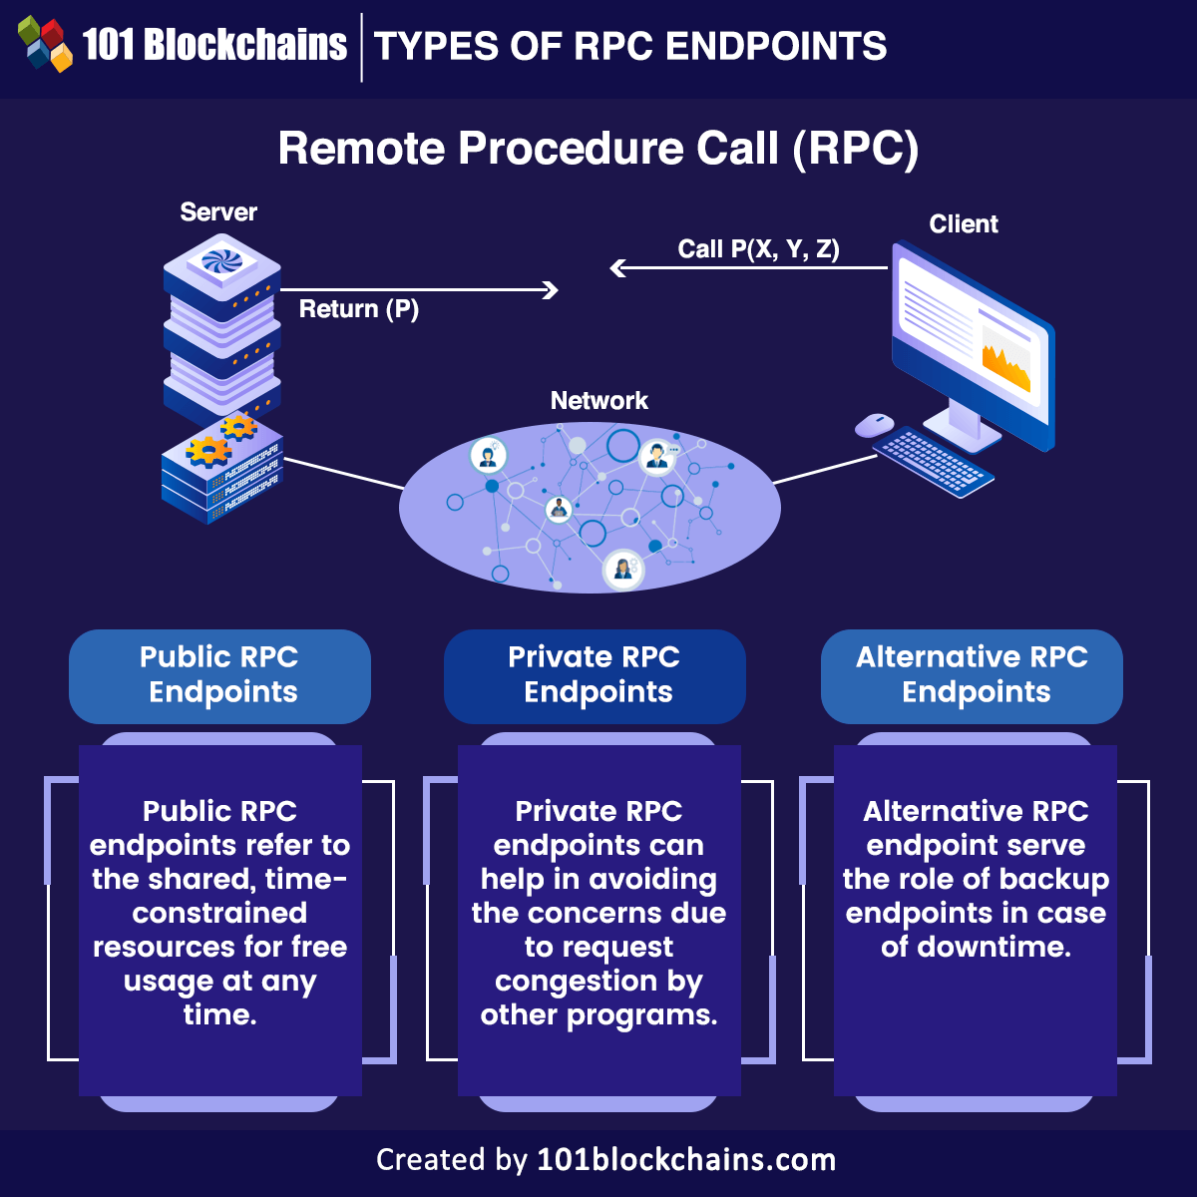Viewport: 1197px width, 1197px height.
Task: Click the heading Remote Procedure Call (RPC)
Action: (x=598, y=149)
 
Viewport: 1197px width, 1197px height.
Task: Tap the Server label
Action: (x=218, y=212)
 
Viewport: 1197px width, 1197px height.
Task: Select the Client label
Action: (x=963, y=224)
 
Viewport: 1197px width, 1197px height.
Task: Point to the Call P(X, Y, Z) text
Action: (x=758, y=249)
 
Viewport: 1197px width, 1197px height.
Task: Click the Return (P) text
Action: (x=358, y=309)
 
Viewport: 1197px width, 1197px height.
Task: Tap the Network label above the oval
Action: (x=598, y=401)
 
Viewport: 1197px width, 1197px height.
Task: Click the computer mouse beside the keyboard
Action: (x=875, y=425)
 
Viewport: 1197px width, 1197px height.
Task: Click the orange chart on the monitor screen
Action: (x=1005, y=367)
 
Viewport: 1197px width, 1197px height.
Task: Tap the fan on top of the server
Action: (x=221, y=261)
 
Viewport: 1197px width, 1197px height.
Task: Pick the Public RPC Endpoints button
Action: (x=219, y=675)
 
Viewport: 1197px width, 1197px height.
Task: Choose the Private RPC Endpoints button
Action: (x=595, y=675)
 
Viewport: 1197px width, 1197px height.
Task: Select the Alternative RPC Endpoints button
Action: (x=972, y=675)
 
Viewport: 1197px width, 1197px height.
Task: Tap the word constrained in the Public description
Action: (x=219, y=914)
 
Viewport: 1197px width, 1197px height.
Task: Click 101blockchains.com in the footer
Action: (x=686, y=1160)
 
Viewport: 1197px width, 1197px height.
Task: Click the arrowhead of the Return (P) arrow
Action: (x=551, y=290)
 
